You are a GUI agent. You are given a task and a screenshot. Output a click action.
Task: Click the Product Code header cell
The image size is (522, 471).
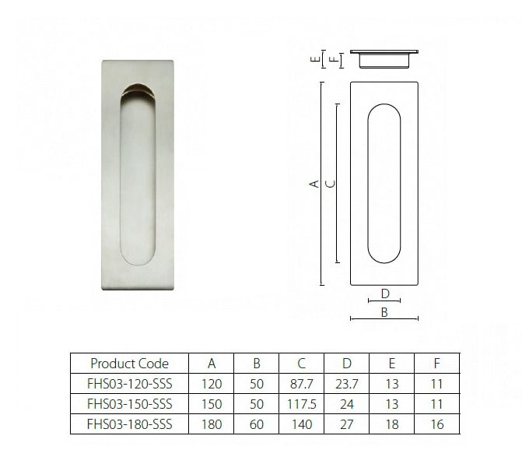click(x=129, y=364)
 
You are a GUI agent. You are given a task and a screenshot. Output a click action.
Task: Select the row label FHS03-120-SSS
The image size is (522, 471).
click(x=129, y=384)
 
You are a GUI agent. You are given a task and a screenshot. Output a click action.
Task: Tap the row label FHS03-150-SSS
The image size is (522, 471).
click(x=129, y=404)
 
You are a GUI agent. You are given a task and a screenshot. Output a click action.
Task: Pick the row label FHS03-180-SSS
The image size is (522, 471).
click(x=129, y=424)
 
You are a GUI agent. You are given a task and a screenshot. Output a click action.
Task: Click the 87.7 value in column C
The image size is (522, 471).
click(x=302, y=384)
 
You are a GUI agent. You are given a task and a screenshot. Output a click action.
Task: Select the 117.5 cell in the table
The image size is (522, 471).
click(x=302, y=404)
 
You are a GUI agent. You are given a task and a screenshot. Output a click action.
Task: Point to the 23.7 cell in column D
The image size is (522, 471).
click(x=347, y=384)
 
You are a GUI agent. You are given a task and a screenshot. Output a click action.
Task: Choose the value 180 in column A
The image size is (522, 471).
click(x=212, y=424)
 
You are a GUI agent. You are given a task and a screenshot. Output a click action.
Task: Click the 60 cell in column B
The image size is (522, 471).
click(x=257, y=424)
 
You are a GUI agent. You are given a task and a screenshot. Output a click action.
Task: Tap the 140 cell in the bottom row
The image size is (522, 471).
click(x=302, y=424)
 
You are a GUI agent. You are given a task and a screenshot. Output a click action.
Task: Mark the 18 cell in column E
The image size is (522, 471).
click(x=392, y=424)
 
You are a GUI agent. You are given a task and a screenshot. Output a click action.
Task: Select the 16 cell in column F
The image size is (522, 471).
click(x=437, y=424)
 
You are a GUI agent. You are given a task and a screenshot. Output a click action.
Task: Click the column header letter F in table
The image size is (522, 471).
click(x=437, y=364)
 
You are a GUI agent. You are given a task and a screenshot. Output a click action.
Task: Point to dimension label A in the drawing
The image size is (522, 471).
click(x=313, y=185)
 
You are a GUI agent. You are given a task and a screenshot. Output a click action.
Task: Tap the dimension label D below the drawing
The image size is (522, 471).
click(x=384, y=293)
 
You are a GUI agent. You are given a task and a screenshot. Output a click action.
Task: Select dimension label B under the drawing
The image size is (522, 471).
click(x=384, y=312)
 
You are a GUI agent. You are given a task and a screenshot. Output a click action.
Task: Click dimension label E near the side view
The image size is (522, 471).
click(x=314, y=58)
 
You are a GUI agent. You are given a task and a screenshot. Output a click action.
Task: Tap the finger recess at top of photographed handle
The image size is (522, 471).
click(x=139, y=91)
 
